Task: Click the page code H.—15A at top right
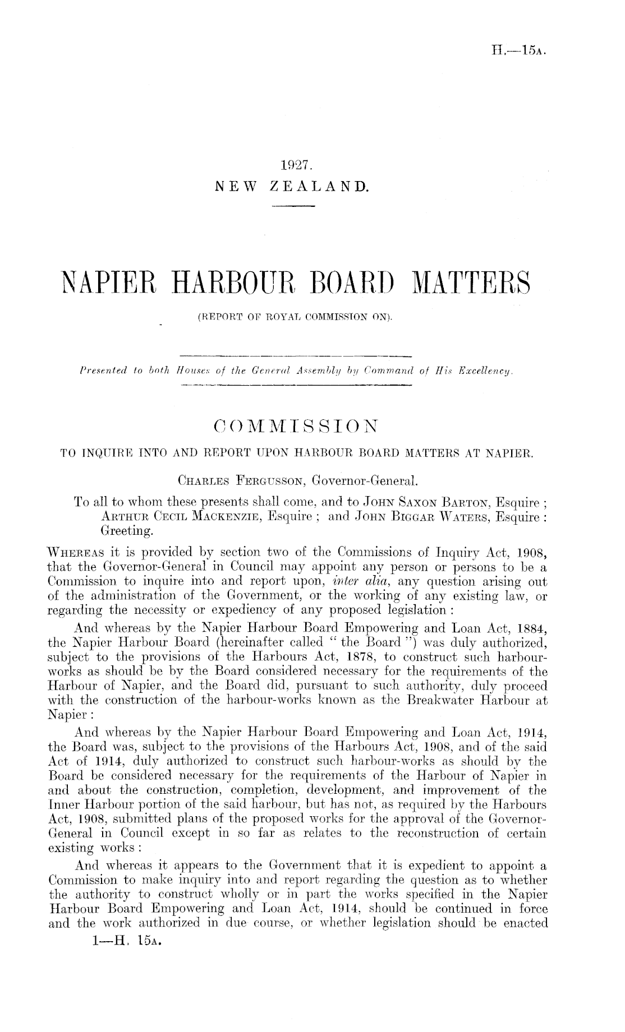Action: coord(522,52)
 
